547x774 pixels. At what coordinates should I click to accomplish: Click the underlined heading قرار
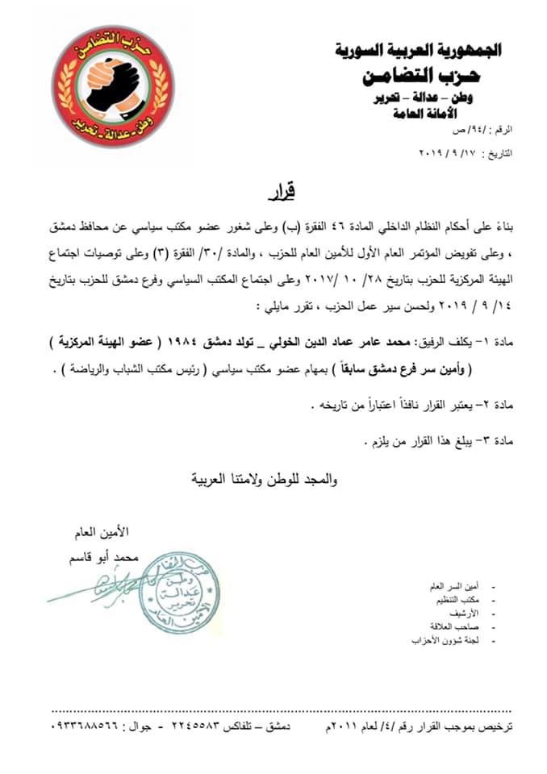coord(280,194)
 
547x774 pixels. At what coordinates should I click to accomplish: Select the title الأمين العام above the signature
coord(105,532)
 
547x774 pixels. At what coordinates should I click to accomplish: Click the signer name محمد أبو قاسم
coord(105,557)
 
